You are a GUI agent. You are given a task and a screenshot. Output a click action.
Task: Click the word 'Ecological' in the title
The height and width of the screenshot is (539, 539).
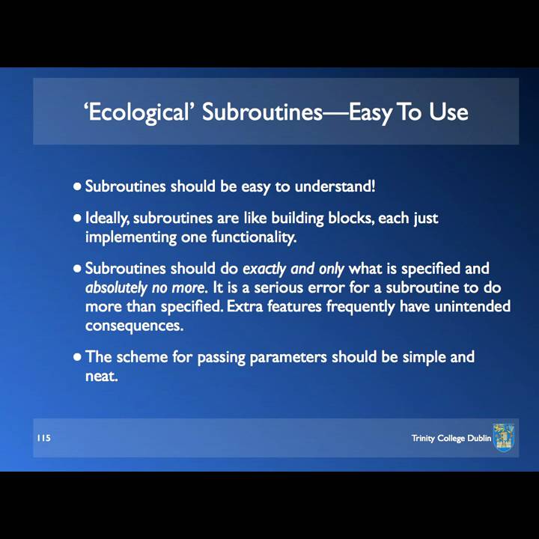[x=138, y=112]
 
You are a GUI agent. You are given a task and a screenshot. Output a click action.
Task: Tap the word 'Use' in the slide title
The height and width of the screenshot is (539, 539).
[x=448, y=112]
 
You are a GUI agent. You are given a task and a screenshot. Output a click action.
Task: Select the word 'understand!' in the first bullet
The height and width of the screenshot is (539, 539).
[x=335, y=186]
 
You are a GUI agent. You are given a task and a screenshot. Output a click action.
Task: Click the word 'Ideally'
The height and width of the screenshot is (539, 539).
[x=107, y=219]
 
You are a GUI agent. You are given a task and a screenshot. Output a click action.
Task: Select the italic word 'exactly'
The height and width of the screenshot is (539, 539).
[x=264, y=269]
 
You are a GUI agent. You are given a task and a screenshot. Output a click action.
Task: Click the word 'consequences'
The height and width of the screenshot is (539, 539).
[x=134, y=326]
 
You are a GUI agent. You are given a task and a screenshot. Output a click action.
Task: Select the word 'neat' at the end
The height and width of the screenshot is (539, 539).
[x=101, y=376]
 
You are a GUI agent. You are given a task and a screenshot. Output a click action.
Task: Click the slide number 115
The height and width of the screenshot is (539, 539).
[x=43, y=438]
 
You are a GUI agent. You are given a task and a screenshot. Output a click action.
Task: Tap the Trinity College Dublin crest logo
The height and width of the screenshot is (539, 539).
[x=504, y=437]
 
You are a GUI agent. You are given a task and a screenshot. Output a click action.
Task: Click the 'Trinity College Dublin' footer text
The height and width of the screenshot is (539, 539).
[x=451, y=438]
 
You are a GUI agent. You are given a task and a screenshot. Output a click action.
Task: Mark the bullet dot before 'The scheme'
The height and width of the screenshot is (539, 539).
[x=77, y=357]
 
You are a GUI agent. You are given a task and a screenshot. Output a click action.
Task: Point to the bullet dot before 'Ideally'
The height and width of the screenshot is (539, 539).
[x=77, y=219]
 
